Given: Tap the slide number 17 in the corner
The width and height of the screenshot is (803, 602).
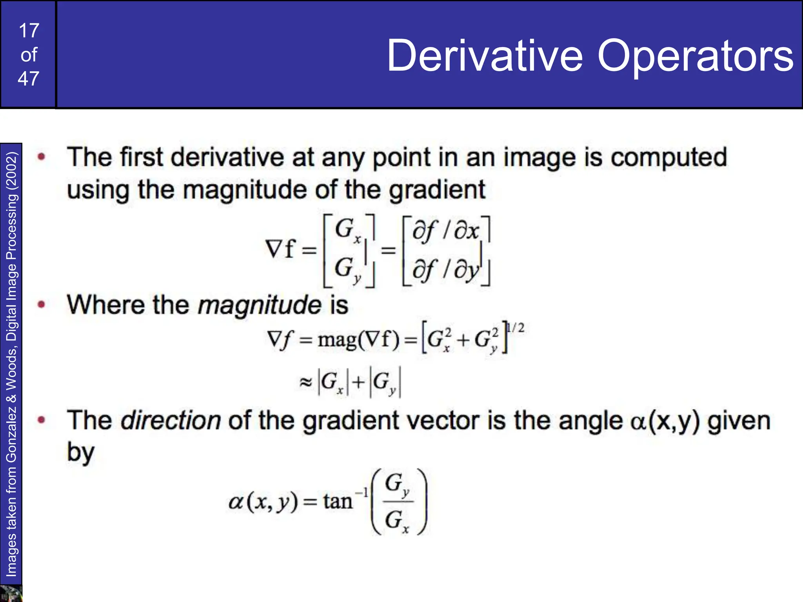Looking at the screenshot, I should tap(29, 31).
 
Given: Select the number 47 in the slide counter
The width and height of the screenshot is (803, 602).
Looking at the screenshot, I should tap(29, 79).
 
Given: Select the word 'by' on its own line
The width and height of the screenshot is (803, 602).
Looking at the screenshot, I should tap(80, 452).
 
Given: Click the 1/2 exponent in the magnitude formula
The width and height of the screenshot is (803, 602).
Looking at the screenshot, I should tap(515, 328).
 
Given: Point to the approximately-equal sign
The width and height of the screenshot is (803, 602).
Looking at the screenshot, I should tap(305, 382).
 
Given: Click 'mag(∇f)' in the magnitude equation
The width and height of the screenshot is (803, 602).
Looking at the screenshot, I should tap(358, 339).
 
